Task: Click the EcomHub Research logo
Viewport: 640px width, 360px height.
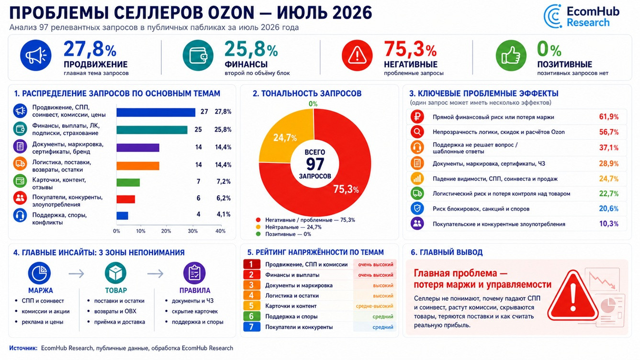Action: pyautogui.click(x=581, y=17)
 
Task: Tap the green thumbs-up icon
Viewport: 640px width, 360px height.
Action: pyautogui.click(x=511, y=56)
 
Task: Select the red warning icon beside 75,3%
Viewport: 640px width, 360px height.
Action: pyautogui.click(x=357, y=56)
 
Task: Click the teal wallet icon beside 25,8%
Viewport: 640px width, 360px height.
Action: pyautogui.click(x=198, y=56)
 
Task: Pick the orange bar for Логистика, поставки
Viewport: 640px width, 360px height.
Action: pyautogui.click(x=138, y=166)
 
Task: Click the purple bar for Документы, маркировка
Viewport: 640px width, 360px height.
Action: pyautogui.click(x=138, y=147)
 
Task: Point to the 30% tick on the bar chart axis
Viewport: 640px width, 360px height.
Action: pyautogui.click(x=192, y=231)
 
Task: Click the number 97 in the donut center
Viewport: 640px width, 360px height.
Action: pyautogui.click(x=315, y=164)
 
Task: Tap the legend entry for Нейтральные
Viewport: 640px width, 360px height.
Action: pyautogui.click(x=289, y=227)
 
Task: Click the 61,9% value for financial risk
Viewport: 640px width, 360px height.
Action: pyautogui.click(x=608, y=117)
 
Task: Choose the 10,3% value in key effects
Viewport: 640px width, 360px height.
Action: pyautogui.click(x=608, y=224)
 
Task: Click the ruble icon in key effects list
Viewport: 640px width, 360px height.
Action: pyautogui.click(x=417, y=117)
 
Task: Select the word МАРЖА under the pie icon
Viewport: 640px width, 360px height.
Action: pyautogui.click(x=41, y=291)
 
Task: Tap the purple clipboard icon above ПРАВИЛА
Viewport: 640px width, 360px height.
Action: pyautogui.click(x=194, y=273)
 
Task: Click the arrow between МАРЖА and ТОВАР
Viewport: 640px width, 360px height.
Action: pyautogui.click(x=76, y=274)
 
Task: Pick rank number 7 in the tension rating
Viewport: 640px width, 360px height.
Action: pyautogui.click(x=251, y=327)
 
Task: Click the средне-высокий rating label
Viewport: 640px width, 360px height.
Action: pyautogui.click(x=374, y=306)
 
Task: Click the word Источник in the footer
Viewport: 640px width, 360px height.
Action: pyautogui.click(x=23, y=348)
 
